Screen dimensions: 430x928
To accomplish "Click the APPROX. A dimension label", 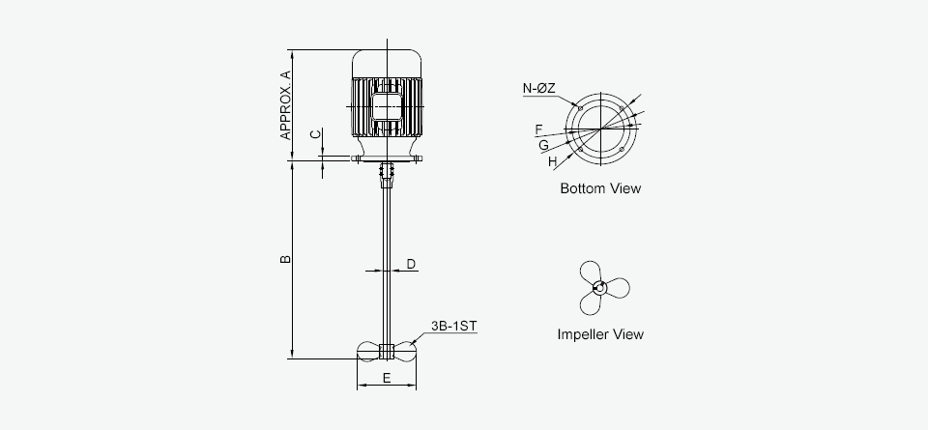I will pyautogui.click(x=286, y=104).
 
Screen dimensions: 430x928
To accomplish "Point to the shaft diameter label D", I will pyautogui.click(x=411, y=264).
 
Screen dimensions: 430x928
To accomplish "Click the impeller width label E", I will pyautogui.click(x=387, y=378).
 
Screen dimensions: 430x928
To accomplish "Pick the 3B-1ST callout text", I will pyautogui.click(x=454, y=326).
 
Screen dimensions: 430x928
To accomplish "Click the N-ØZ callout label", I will pyautogui.click(x=539, y=89).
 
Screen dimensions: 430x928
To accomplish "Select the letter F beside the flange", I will pyautogui.click(x=537, y=129).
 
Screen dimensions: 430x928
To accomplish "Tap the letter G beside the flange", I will pyautogui.click(x=543, y=144).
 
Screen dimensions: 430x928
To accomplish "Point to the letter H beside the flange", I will pyautogui.click(x=552, y=161).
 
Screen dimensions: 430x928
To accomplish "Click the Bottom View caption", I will pyautogui.click(x=600, y=188).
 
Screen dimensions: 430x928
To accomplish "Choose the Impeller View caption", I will pyautogui.click(x=600, y=334).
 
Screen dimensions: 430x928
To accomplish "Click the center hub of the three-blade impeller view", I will pyautogui.click(x=599, y=287).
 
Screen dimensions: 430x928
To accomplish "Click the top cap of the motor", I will pyautogui.click(x=387, y=61).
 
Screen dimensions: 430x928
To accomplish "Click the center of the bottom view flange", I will pyautogui.click(x=601, y=129).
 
